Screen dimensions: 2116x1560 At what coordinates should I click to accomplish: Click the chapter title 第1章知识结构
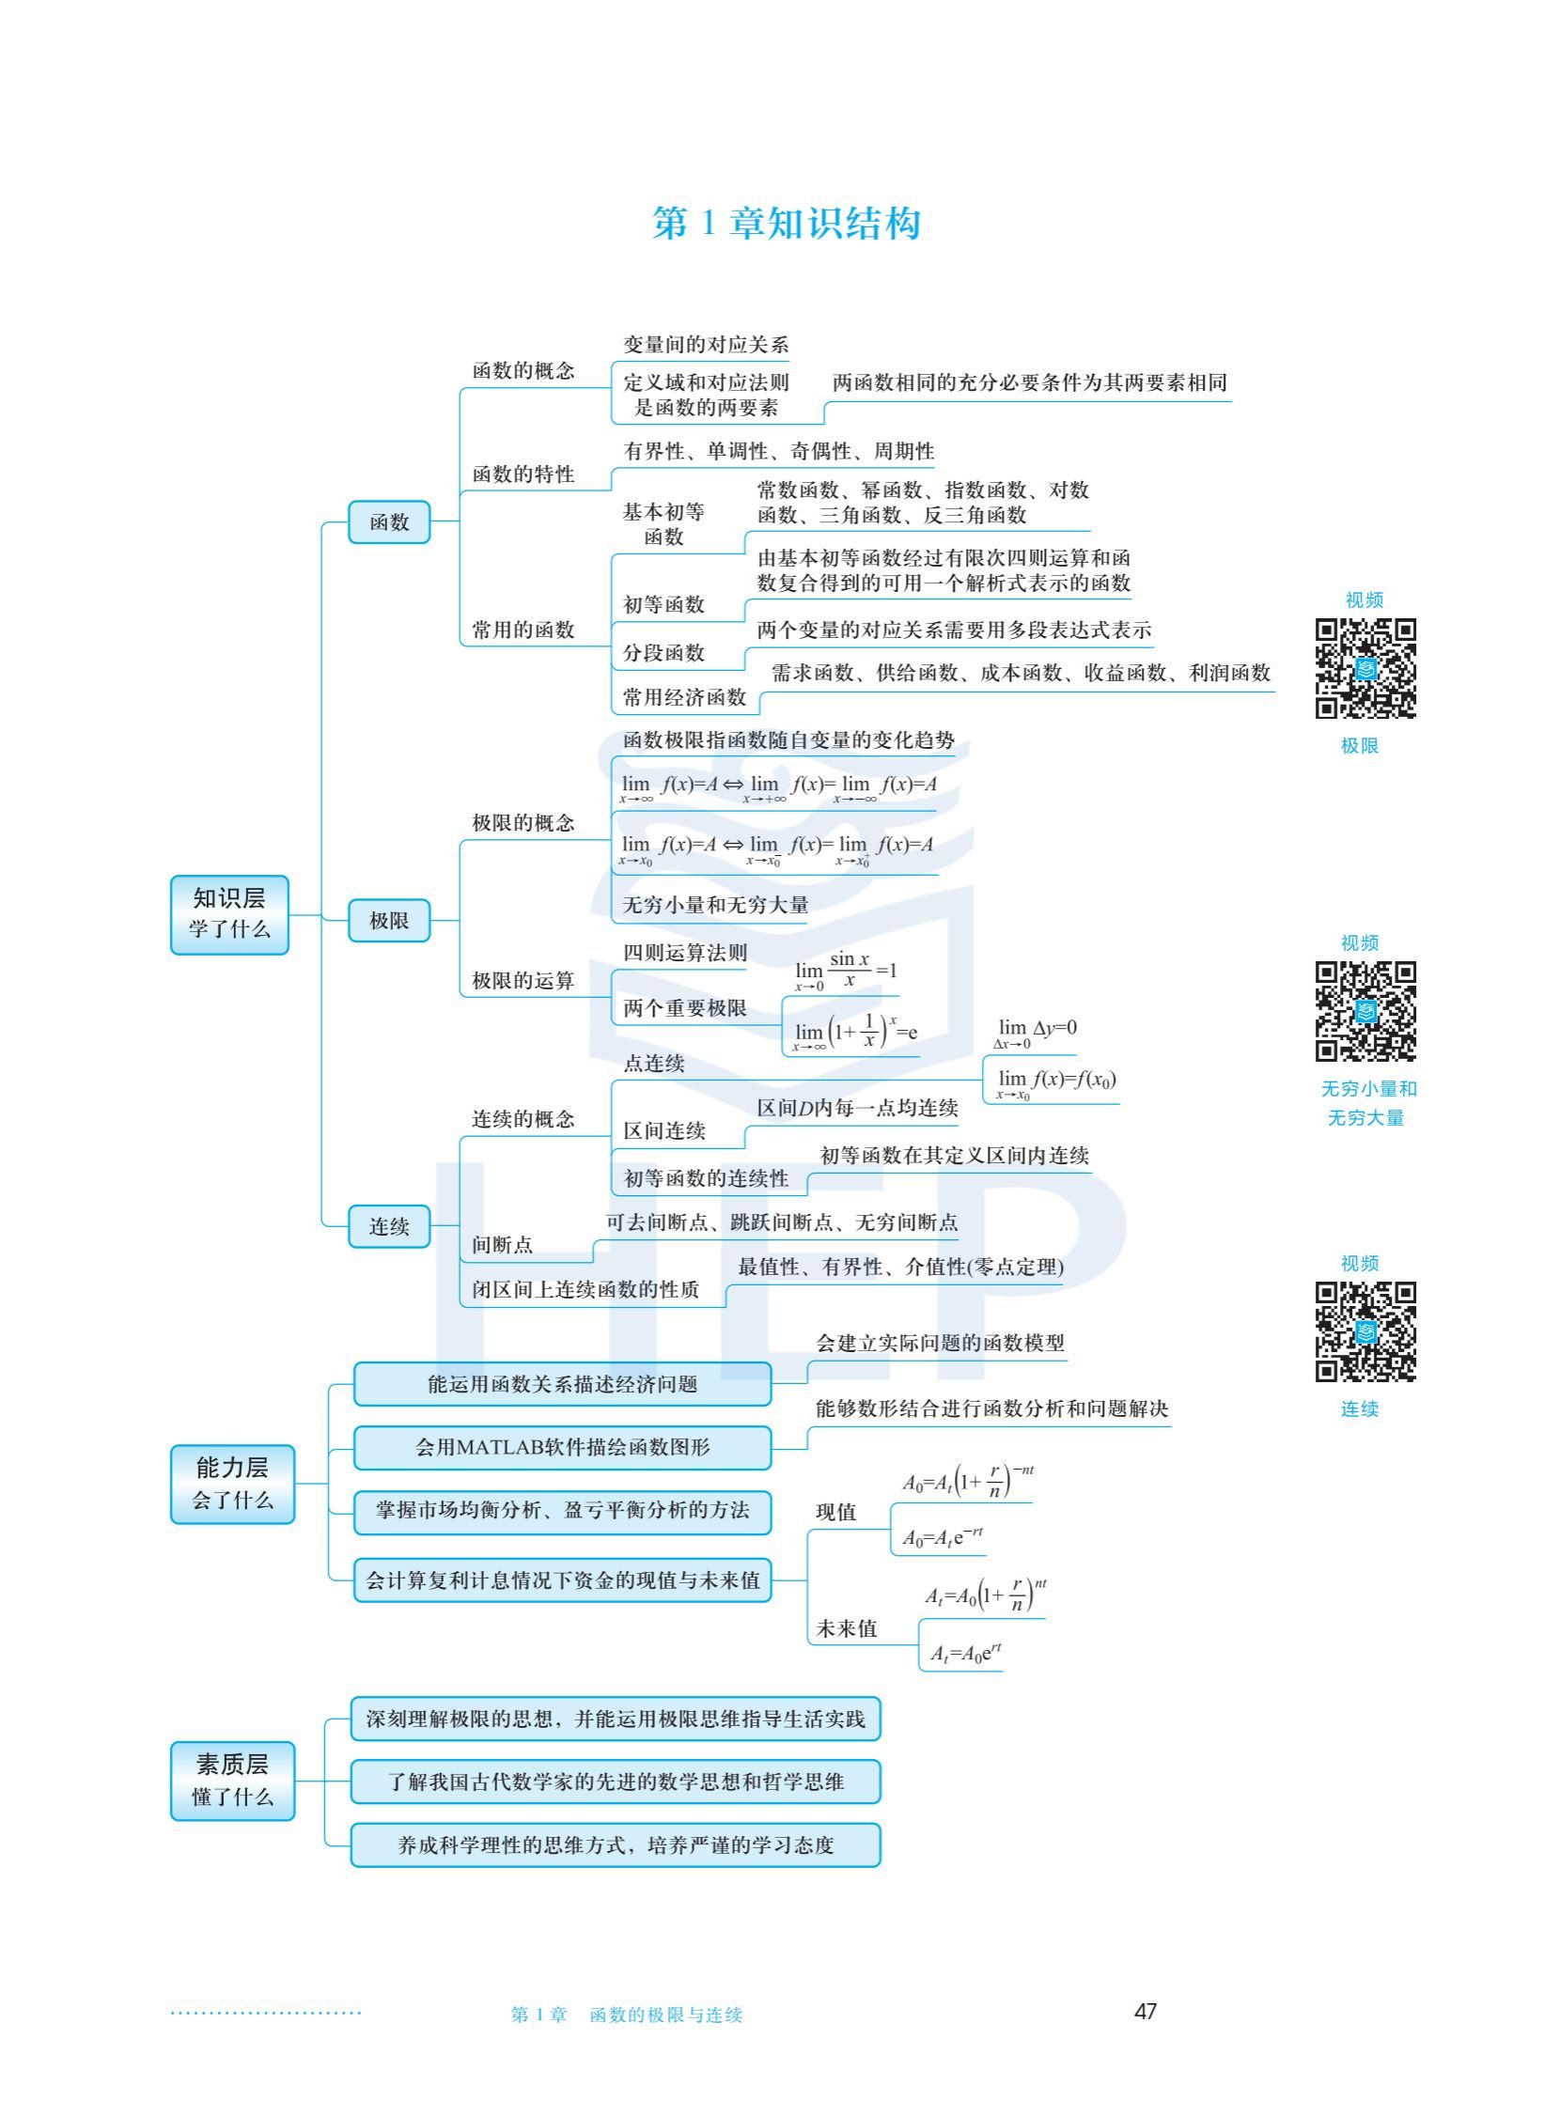coord(786,224)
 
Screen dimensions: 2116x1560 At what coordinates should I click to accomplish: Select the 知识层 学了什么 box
coord(229,914)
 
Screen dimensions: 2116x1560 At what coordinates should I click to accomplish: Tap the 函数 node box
coord(389,522)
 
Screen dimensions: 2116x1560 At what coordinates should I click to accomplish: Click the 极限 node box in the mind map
coord(389,921)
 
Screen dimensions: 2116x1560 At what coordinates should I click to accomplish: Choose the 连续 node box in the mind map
coord(389,1226)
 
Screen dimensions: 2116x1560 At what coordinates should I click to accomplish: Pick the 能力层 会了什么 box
coord(232,1484)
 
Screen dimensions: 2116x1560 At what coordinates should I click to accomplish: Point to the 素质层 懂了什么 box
coord(232,1780)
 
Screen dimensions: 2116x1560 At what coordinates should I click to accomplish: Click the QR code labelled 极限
coord(1365,668)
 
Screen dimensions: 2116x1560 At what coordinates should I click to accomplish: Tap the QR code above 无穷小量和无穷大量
coord(1365,1011)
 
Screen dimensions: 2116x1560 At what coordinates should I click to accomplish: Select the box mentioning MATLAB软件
coord(562,1448)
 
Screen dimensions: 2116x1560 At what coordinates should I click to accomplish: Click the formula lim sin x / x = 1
coord(845,972)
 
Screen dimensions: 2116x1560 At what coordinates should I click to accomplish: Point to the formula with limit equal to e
coord(854,1032)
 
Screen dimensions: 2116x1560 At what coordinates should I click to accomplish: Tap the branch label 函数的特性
coord(523,474)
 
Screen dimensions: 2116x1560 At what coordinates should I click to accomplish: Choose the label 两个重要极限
coord(685,1008)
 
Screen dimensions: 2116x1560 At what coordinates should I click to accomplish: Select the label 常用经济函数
coord(685,698)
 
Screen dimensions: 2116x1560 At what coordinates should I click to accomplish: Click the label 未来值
coord(846,1627)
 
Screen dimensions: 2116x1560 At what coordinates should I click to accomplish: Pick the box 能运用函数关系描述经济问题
coord(562,1384)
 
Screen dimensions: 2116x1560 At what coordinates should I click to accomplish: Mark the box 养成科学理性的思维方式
coord(615,1845)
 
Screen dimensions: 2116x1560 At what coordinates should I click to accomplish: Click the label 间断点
coord(503,1244)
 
